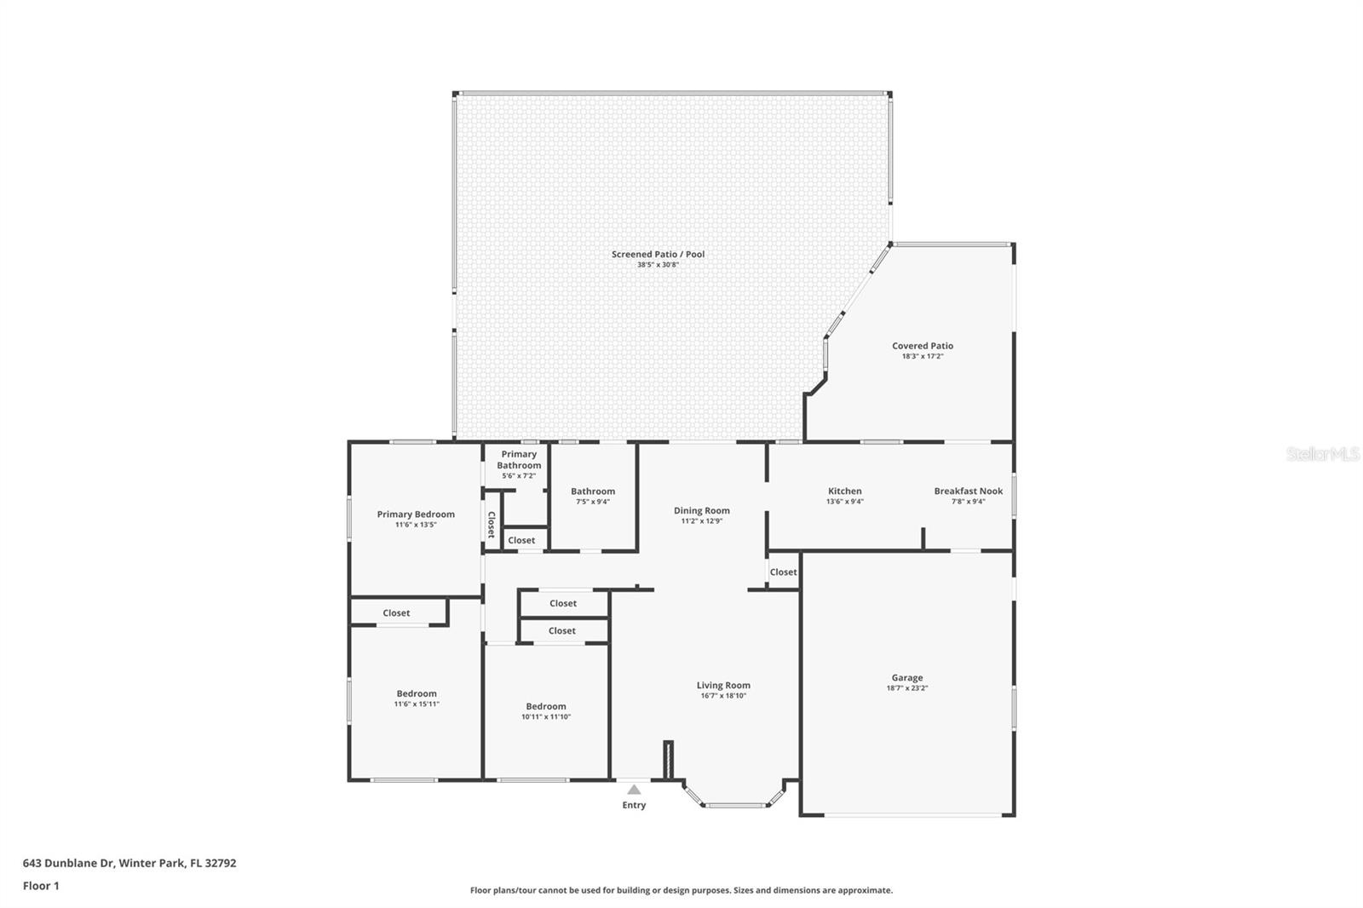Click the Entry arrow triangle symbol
click(634, 790)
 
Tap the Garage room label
click(907, 678)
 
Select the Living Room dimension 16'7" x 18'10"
click(723, 696)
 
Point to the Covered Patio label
click(923, 346)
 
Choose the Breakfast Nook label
click(968, 491)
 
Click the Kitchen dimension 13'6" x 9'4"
click(845, 502)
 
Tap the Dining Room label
click(701, 510)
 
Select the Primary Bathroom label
click(519, 460)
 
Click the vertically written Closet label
click(492, 525)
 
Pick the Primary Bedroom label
click(416, 514)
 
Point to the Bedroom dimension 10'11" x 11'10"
click(546, 717)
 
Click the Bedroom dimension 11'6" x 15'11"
click(417, 704)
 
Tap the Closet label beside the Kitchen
click(783, 572)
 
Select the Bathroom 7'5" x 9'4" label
click(593, 491)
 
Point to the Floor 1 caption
click(41, 886)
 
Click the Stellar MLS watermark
click(1323, 454)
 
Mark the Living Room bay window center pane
click(735, 804)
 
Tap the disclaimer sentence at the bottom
click(681, 890)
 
